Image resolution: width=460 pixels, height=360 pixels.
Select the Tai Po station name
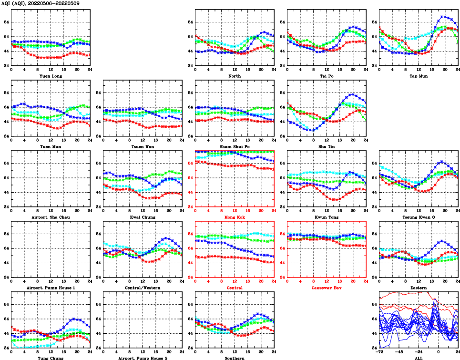click(327, 76)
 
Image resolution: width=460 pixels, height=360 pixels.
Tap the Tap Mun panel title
click(419, 76)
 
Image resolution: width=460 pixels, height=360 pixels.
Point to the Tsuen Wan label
click(143, 146)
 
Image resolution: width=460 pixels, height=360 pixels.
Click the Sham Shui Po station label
click(235, 146)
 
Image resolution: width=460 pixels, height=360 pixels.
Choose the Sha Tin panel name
click(327, 146)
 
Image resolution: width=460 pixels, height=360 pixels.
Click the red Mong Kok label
click(235, 217)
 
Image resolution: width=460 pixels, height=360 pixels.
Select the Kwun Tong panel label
click(327, 217)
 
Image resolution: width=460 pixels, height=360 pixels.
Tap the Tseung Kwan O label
click(419, 217)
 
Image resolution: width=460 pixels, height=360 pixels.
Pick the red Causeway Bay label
click(327, 288)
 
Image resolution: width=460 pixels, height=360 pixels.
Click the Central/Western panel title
click(143, 288)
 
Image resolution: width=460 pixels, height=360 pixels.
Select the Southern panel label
click(235, 358)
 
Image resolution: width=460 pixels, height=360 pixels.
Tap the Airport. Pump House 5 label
click(143, 358)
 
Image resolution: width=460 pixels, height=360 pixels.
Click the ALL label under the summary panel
click(419, 358)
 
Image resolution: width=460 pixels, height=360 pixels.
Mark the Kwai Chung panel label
click(143, 217)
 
